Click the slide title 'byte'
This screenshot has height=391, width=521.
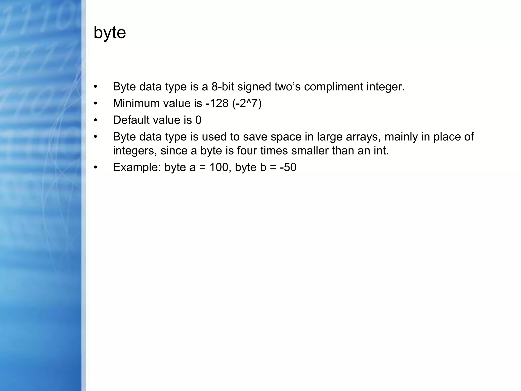pyautogui.click(x=110, y=33)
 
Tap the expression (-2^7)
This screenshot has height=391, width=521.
pyautogui.click(x=247, y=103)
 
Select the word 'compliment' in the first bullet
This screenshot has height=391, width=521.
pyautogui.click(x=334, y=87)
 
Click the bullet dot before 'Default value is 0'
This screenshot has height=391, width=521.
pyautogui.click(x=95, y=120)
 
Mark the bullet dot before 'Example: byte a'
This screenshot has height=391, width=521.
pyautogui.click(x=95, y=167)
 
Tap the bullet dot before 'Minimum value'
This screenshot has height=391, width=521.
pyautogui.click(x=95, y=103)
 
